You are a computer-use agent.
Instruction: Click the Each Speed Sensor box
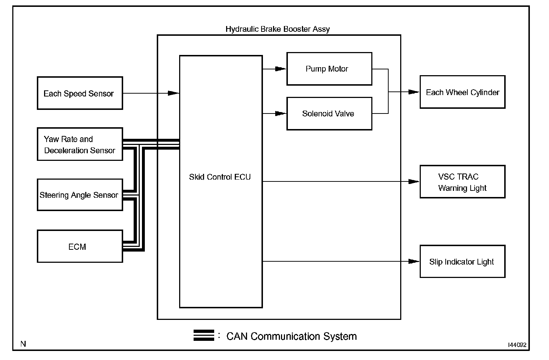pyautogui.click(x=80, y=93)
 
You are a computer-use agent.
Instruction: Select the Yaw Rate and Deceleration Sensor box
pyautogui.click(x=80, y=144)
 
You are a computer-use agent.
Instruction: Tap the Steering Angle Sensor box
pyautogui.click(x=80, y=195)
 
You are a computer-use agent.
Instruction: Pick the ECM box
pyautogui.click(x=80, y=247)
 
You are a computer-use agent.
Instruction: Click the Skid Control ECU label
pyautogui.click(x=220, y=177)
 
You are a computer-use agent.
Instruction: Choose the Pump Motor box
pyautogui.click(x=329, y=69)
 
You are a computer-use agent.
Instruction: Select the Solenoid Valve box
pyautogui.click(x=329, y=113)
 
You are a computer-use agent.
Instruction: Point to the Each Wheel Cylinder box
pyautogui.click(x=462, y=92)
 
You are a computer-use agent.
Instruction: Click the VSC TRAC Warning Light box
pyautogui.click(x=462, y=182)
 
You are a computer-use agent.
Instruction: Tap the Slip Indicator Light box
pyautogui.click(x=462, y=261)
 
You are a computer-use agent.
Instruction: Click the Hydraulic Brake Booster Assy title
pyautogui.click(x=277, y=29)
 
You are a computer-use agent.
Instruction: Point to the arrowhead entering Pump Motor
pyautogui.click(x=281, y=69)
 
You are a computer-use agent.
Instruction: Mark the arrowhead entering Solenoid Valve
pyautogui.click(x=281, y=113)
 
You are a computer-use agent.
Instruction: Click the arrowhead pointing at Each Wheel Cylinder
pyautogui.click(x=414, y=92)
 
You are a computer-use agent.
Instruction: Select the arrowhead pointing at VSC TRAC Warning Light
pyautogui.click(x=414, y=181)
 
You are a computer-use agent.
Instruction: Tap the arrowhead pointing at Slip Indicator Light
pyautogui.click(x=414, y=261)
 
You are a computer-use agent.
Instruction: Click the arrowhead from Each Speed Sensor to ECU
pyautogui.click(x=174, y=93)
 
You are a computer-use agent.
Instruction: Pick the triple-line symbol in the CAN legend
pyautogui.click(x=204, y=335)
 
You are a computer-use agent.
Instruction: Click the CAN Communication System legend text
pyautogui.click(x=291, y=337)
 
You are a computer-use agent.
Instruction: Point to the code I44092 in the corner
pyautogui.click(x=517, y=345)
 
